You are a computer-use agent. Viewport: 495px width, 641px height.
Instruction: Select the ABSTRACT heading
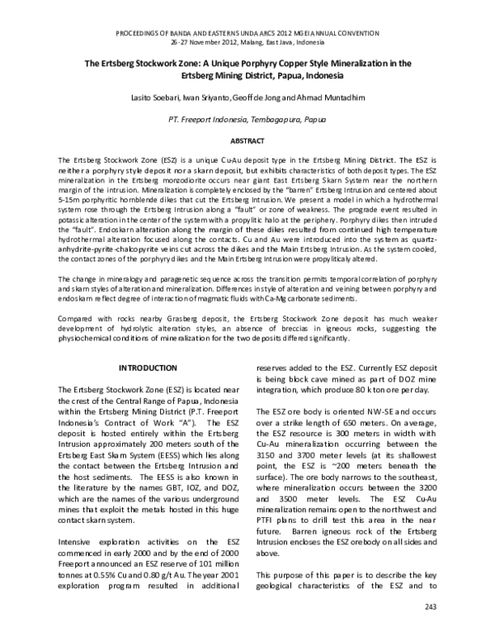tap(247, 141)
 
